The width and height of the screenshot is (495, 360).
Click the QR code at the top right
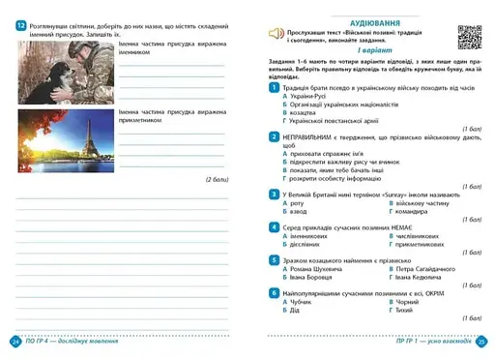[469, 35]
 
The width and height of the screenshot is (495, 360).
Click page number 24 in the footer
[15, 342]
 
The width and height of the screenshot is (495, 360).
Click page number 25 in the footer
[482, 342]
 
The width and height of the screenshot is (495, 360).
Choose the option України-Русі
[310, 98]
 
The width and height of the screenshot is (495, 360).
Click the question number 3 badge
[275, 194]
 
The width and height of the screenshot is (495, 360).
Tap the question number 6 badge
[275, 291]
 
